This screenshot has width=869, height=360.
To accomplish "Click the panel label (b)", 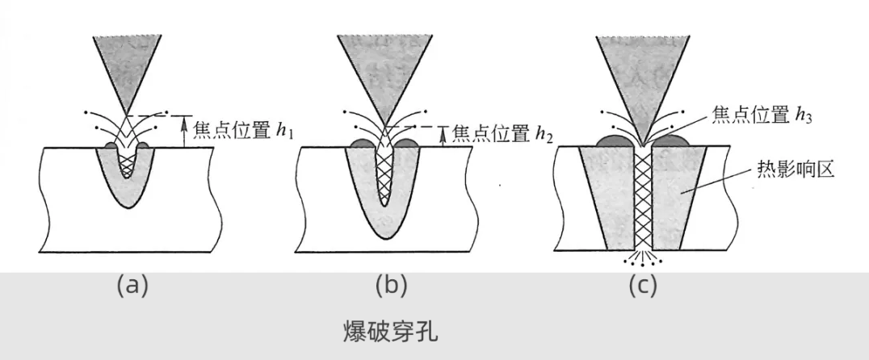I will point(392,284).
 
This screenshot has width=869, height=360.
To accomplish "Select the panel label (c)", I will point(643,284).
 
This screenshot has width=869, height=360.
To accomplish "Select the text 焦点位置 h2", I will point(503,133).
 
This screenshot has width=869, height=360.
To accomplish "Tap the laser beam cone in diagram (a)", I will point(125,65).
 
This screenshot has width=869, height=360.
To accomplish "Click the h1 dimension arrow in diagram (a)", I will point(184,132).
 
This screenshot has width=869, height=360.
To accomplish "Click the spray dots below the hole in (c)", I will point(644,261).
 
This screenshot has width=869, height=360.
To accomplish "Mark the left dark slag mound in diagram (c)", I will point(615,141).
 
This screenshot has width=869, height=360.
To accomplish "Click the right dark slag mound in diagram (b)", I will point(405,144).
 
